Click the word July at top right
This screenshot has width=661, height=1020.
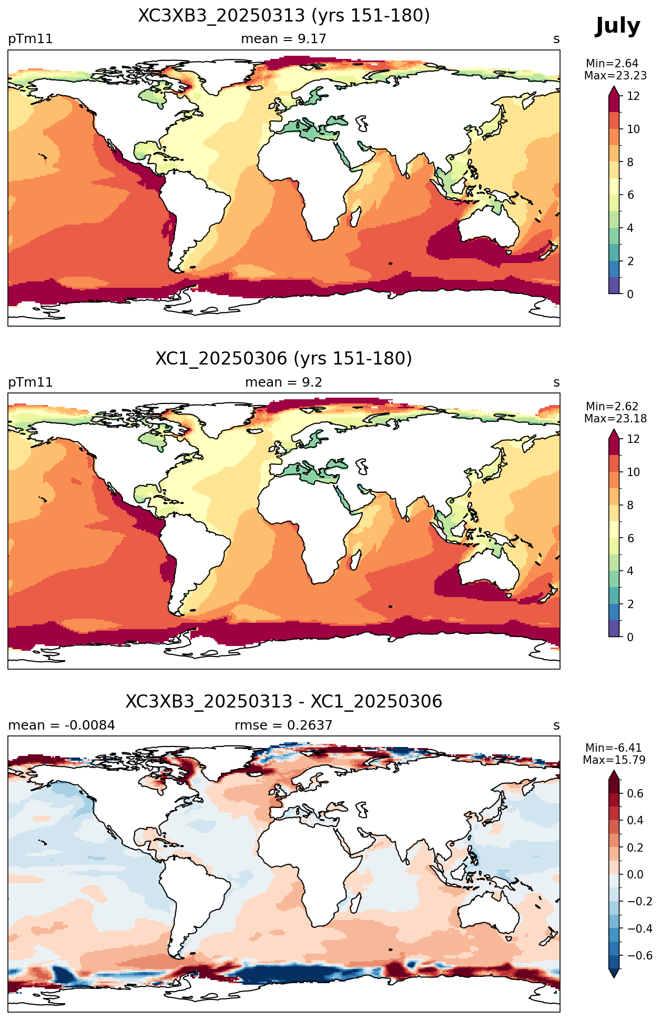617,26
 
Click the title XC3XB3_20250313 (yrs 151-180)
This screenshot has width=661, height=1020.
284,16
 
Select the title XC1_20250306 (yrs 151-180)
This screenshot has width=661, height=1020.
284,359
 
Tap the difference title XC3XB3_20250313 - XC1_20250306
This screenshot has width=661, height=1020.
284,702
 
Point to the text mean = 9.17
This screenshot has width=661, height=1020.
283,39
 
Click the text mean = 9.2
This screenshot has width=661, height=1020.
283,382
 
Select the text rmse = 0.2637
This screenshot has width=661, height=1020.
283,725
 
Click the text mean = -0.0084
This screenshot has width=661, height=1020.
62,725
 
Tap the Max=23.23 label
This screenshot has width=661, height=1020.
615,76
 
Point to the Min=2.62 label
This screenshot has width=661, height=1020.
612,407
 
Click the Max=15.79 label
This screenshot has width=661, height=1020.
614,760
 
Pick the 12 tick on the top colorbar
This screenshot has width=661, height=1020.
633,96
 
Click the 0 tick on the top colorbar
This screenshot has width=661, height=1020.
630,294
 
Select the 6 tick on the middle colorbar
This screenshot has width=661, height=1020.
630,538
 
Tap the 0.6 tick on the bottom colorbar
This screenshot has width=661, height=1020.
635,793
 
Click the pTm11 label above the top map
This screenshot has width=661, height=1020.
30,39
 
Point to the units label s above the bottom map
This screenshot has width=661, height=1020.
556,726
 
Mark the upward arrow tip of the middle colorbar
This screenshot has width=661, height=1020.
614,430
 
